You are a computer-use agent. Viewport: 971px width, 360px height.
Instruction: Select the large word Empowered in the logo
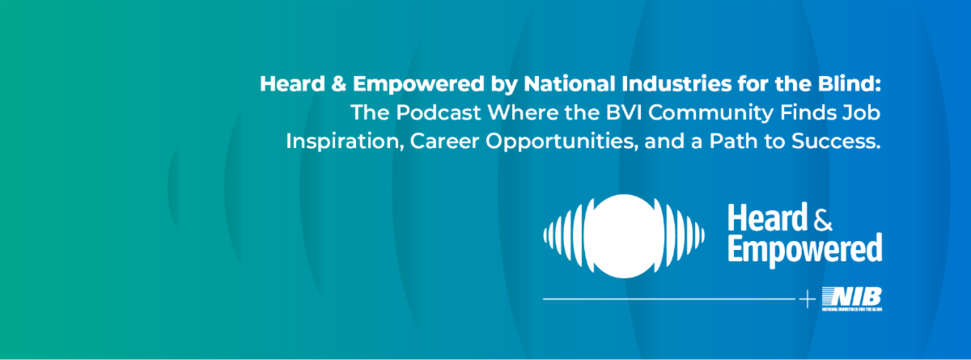[804, 249]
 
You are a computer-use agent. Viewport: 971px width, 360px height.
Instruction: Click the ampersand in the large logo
[823, 219]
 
